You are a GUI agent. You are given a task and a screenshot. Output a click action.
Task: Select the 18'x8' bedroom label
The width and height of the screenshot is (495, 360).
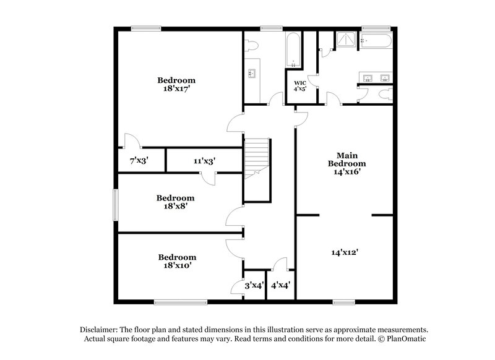point(176,202)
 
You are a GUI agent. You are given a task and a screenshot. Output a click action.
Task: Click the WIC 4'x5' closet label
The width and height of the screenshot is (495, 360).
point(300,85)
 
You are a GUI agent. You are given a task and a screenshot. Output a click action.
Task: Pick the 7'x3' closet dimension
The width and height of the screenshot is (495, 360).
point(139,161)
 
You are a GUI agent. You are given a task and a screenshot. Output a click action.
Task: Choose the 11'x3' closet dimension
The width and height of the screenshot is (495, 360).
point(204,161)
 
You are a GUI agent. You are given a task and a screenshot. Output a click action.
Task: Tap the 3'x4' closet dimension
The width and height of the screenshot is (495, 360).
point(254,286)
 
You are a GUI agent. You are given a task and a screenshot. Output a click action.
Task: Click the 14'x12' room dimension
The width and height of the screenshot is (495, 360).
point(345,252)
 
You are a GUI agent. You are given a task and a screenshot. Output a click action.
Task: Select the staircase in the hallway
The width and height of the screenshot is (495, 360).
point(257,160)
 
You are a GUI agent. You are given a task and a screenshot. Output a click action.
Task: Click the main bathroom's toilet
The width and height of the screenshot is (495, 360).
point(385,95)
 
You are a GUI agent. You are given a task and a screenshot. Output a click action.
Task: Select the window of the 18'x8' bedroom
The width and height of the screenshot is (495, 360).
point(115,204)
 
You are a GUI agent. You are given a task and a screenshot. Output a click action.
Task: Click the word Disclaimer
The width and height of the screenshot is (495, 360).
point(100,330)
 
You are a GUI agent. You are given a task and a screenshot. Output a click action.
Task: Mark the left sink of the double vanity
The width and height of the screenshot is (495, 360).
point(367,78)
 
